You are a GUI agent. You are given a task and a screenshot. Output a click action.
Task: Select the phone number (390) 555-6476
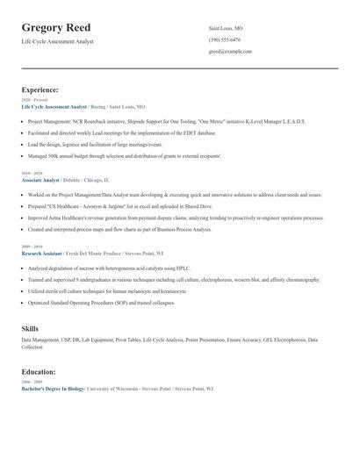226,40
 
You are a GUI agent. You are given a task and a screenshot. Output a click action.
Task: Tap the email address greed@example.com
230,52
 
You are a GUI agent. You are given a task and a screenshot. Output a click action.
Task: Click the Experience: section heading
40,89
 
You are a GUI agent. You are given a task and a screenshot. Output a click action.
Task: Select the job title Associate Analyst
40,180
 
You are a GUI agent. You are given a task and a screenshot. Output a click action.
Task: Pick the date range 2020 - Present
35,100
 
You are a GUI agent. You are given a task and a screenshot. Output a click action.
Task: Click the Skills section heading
30,328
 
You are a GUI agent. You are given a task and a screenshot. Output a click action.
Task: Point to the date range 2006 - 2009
33,382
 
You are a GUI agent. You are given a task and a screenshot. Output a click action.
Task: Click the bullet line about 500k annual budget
123,155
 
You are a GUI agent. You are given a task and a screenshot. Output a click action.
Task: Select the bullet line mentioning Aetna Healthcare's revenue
176,218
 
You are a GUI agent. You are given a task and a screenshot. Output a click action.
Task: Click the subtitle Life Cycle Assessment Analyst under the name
57,41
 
